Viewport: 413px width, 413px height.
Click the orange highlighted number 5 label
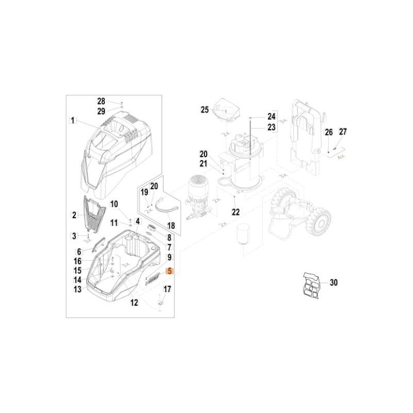170,271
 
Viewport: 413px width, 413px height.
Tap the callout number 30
333,282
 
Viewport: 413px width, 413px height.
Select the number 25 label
204,110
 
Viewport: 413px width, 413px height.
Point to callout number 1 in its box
73,121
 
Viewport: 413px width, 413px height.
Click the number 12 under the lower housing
134,303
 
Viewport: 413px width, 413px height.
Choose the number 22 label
236,212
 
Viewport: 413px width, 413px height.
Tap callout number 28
101,101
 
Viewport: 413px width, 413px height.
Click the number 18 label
171,226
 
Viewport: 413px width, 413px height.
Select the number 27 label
343,132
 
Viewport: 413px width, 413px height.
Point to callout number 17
167,289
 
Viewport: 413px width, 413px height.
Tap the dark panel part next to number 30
311,286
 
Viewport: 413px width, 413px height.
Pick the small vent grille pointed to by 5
153,279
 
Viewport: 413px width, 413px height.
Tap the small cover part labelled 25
226,110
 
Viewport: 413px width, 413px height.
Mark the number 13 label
77,289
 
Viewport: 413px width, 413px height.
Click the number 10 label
114,204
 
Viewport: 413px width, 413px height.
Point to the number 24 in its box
272,116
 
